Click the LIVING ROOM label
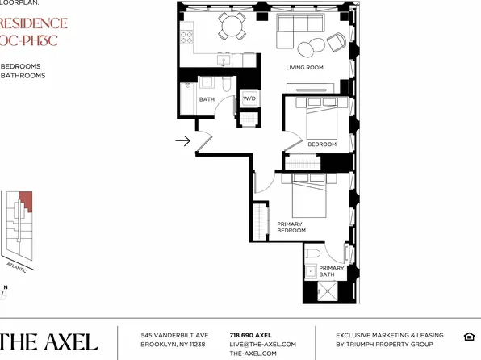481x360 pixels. tap(304, 68)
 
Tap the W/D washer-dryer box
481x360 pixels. tap(250, 99)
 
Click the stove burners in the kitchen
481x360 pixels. tap(186, 36)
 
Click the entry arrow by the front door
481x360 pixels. tap(182, 142)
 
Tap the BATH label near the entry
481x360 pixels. tap(207, 99)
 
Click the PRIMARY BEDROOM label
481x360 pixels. tap(291, 227)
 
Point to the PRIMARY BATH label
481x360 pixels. tap(331, 271)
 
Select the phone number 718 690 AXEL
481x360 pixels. tap(250, 335)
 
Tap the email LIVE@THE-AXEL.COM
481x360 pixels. tap(262, 345)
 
